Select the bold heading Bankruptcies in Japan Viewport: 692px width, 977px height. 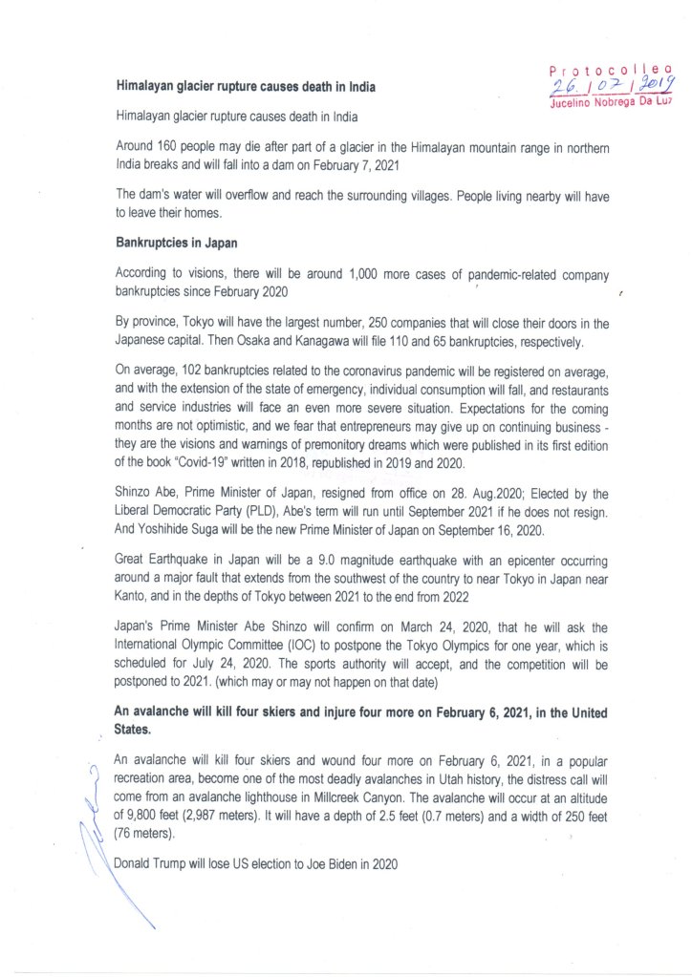[x=171, y=242]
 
